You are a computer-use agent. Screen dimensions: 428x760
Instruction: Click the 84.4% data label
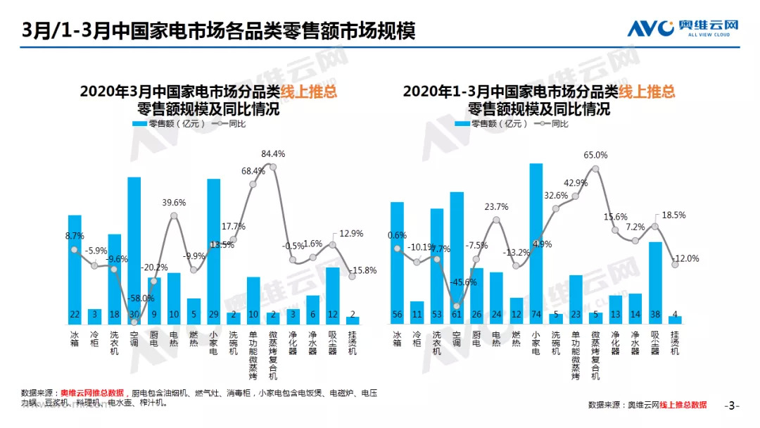tap(273, 153)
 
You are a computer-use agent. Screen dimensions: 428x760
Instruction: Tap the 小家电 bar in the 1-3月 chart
tap(536, 243)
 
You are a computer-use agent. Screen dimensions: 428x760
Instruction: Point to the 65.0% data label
tap(595, 155)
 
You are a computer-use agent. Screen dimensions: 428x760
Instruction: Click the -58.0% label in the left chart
tap(141, 298)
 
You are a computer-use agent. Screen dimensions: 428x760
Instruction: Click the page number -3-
tap(732, 405)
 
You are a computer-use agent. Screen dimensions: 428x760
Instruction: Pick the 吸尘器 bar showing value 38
tap(655, 282)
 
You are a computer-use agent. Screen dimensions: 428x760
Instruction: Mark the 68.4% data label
tap(253, 171)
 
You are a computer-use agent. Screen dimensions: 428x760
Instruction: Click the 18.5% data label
tap(670, 215)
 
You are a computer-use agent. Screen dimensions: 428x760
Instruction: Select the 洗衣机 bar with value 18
tap(114, 279)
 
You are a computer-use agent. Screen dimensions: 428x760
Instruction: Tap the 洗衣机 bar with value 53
tap(436, 266)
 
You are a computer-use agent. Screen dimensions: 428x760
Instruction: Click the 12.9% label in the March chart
tap(350, 233)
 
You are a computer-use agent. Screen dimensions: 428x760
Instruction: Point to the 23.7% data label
tap(497, 207)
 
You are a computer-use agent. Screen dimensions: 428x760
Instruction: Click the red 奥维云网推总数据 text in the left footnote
tap(92, 392)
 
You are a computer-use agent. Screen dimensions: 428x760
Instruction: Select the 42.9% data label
tap(576, 183)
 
